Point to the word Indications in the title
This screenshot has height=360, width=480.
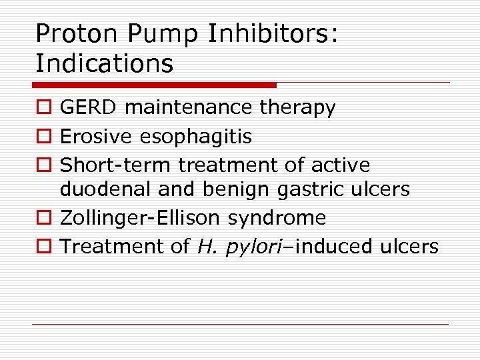pos(104,63)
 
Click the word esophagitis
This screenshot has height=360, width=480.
pos(196,137)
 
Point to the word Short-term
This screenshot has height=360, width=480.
pos(116,165)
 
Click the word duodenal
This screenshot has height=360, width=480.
pos(106,189)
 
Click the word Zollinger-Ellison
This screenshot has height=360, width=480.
pos(141,218)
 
